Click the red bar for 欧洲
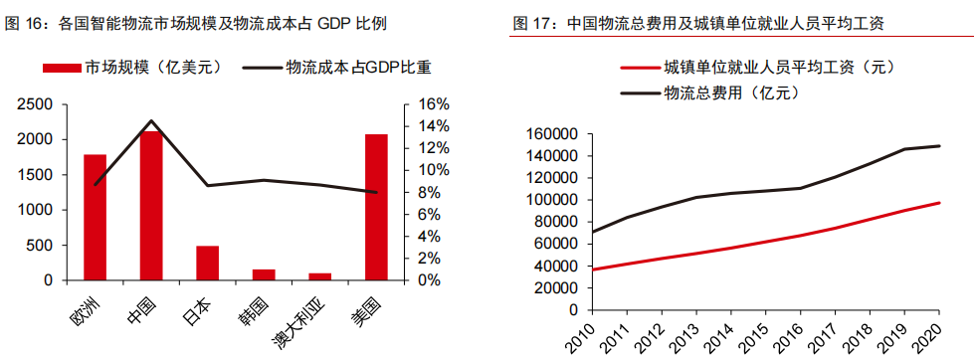tap(95, 217)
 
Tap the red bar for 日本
tap(207, 263)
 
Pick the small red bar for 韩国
tap(264, 274)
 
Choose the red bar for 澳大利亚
tap(319, 276)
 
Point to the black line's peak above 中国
tap(151, 121)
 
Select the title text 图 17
tap(531, 22)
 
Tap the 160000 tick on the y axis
tap(550, 134)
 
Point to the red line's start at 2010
tap(592, 270)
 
